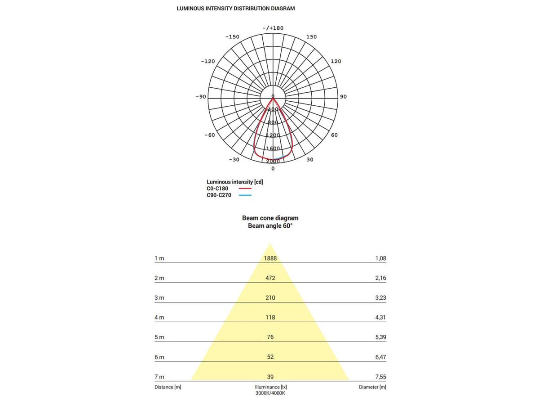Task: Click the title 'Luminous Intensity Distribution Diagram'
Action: pos(236,9)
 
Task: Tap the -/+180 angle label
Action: pos(273,28)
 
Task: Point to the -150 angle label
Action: pos(232,36)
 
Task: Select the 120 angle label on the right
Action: pos(336,61)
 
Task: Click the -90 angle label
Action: pos(200,97)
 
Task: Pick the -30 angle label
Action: pos(234,159)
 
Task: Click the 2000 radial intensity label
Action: pos(273,161)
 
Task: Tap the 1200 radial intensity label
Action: pos(273,135)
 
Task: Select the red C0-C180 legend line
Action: pos(245,189)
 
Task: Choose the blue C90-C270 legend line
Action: pos(245,195)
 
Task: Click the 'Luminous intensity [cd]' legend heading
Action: pos(234,182)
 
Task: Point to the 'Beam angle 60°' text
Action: pos(270,226)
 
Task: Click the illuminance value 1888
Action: pos(270,258)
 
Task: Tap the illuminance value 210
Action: pos(270,298)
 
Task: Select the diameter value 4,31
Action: pos(380,317)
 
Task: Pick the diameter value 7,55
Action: pos(380,377)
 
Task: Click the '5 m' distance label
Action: pos(159,337)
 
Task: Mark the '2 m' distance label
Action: pos(159,278)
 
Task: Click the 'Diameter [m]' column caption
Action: pos(372,387)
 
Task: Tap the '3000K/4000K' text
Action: pos(270,393)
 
